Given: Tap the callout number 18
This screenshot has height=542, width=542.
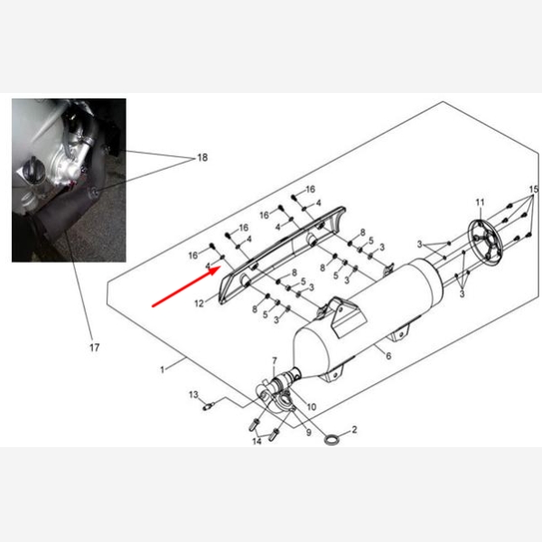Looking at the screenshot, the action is (202, 157).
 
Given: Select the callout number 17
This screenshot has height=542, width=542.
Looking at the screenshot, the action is (94, 348).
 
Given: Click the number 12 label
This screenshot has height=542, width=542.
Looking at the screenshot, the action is (199, 304).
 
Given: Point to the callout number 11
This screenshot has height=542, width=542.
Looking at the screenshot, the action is (481, 202).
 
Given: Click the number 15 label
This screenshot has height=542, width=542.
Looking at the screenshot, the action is (534, 190).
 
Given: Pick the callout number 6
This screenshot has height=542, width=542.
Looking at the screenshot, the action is (388, 356).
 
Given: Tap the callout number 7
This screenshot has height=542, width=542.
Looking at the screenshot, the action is (275, 360).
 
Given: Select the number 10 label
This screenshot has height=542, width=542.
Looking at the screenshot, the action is (312, 406).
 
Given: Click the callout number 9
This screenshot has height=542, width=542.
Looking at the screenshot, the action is (309, 432).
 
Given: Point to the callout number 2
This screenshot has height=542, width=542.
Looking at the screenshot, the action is (354, 430).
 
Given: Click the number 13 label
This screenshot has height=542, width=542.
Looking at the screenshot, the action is (193, 395).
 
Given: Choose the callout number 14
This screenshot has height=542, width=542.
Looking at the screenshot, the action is (257, 442).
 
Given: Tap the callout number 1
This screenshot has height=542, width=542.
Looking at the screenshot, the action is (162, 369).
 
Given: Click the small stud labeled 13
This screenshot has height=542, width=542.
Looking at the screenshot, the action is (208, 406).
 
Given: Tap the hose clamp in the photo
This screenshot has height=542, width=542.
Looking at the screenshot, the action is (86, 140).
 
